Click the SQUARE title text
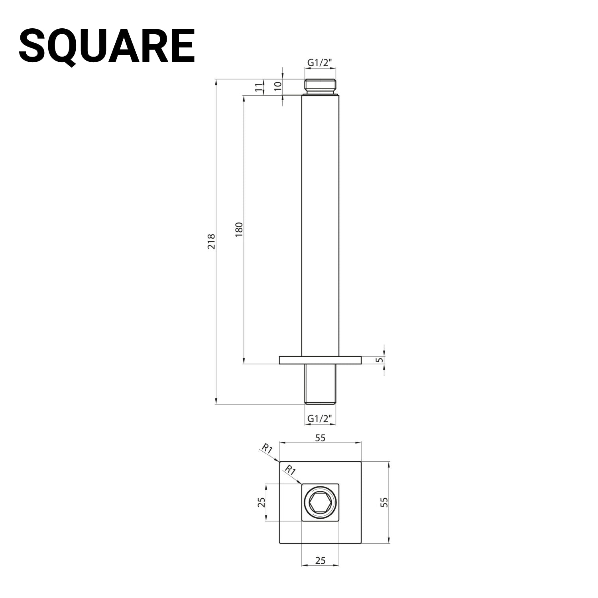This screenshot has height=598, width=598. [x=107, y=46]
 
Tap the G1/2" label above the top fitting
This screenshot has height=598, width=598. [x=320, y=63]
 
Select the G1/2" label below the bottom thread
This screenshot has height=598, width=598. [x=320, y=419]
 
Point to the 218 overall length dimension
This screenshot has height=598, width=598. [x=211, y=242]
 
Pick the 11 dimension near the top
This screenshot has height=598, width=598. [x=260, y=88]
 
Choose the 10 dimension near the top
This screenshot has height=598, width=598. [x=278, y=85]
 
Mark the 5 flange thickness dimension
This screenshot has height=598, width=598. [x=380, y=360]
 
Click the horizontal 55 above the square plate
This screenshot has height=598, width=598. [x=320, y=438]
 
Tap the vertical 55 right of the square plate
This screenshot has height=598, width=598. [x=384, y=502]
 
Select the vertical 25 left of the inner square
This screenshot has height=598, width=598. [x=262, y=502]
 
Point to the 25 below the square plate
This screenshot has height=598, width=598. [x=320, y=561]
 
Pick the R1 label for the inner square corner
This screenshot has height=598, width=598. [x=290, y=470]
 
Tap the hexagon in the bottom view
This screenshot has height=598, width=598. [x=320, y=502]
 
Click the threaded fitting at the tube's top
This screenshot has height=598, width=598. [x=320, y=86]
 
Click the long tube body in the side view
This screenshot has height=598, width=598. [x=320, y=223]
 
